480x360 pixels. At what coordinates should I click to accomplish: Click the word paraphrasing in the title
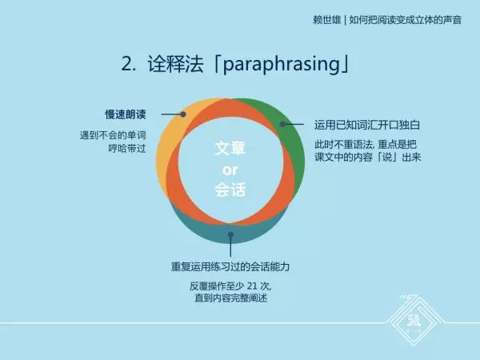[274, 64]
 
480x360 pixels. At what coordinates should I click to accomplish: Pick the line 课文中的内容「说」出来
[367, 157]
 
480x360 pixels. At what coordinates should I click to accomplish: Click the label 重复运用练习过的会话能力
[230, 266]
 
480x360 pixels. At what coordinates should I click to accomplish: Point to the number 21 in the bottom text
[256, 286]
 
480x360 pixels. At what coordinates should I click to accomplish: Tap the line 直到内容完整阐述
[230, 298]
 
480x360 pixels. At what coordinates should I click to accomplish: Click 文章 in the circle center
[230, 149]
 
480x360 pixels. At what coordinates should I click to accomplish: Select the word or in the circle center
[230, 170]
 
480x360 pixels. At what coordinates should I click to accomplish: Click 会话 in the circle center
[230, 190]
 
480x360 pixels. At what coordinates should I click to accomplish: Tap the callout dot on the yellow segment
[183, 114]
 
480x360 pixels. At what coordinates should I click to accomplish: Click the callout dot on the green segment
[282, 124]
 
